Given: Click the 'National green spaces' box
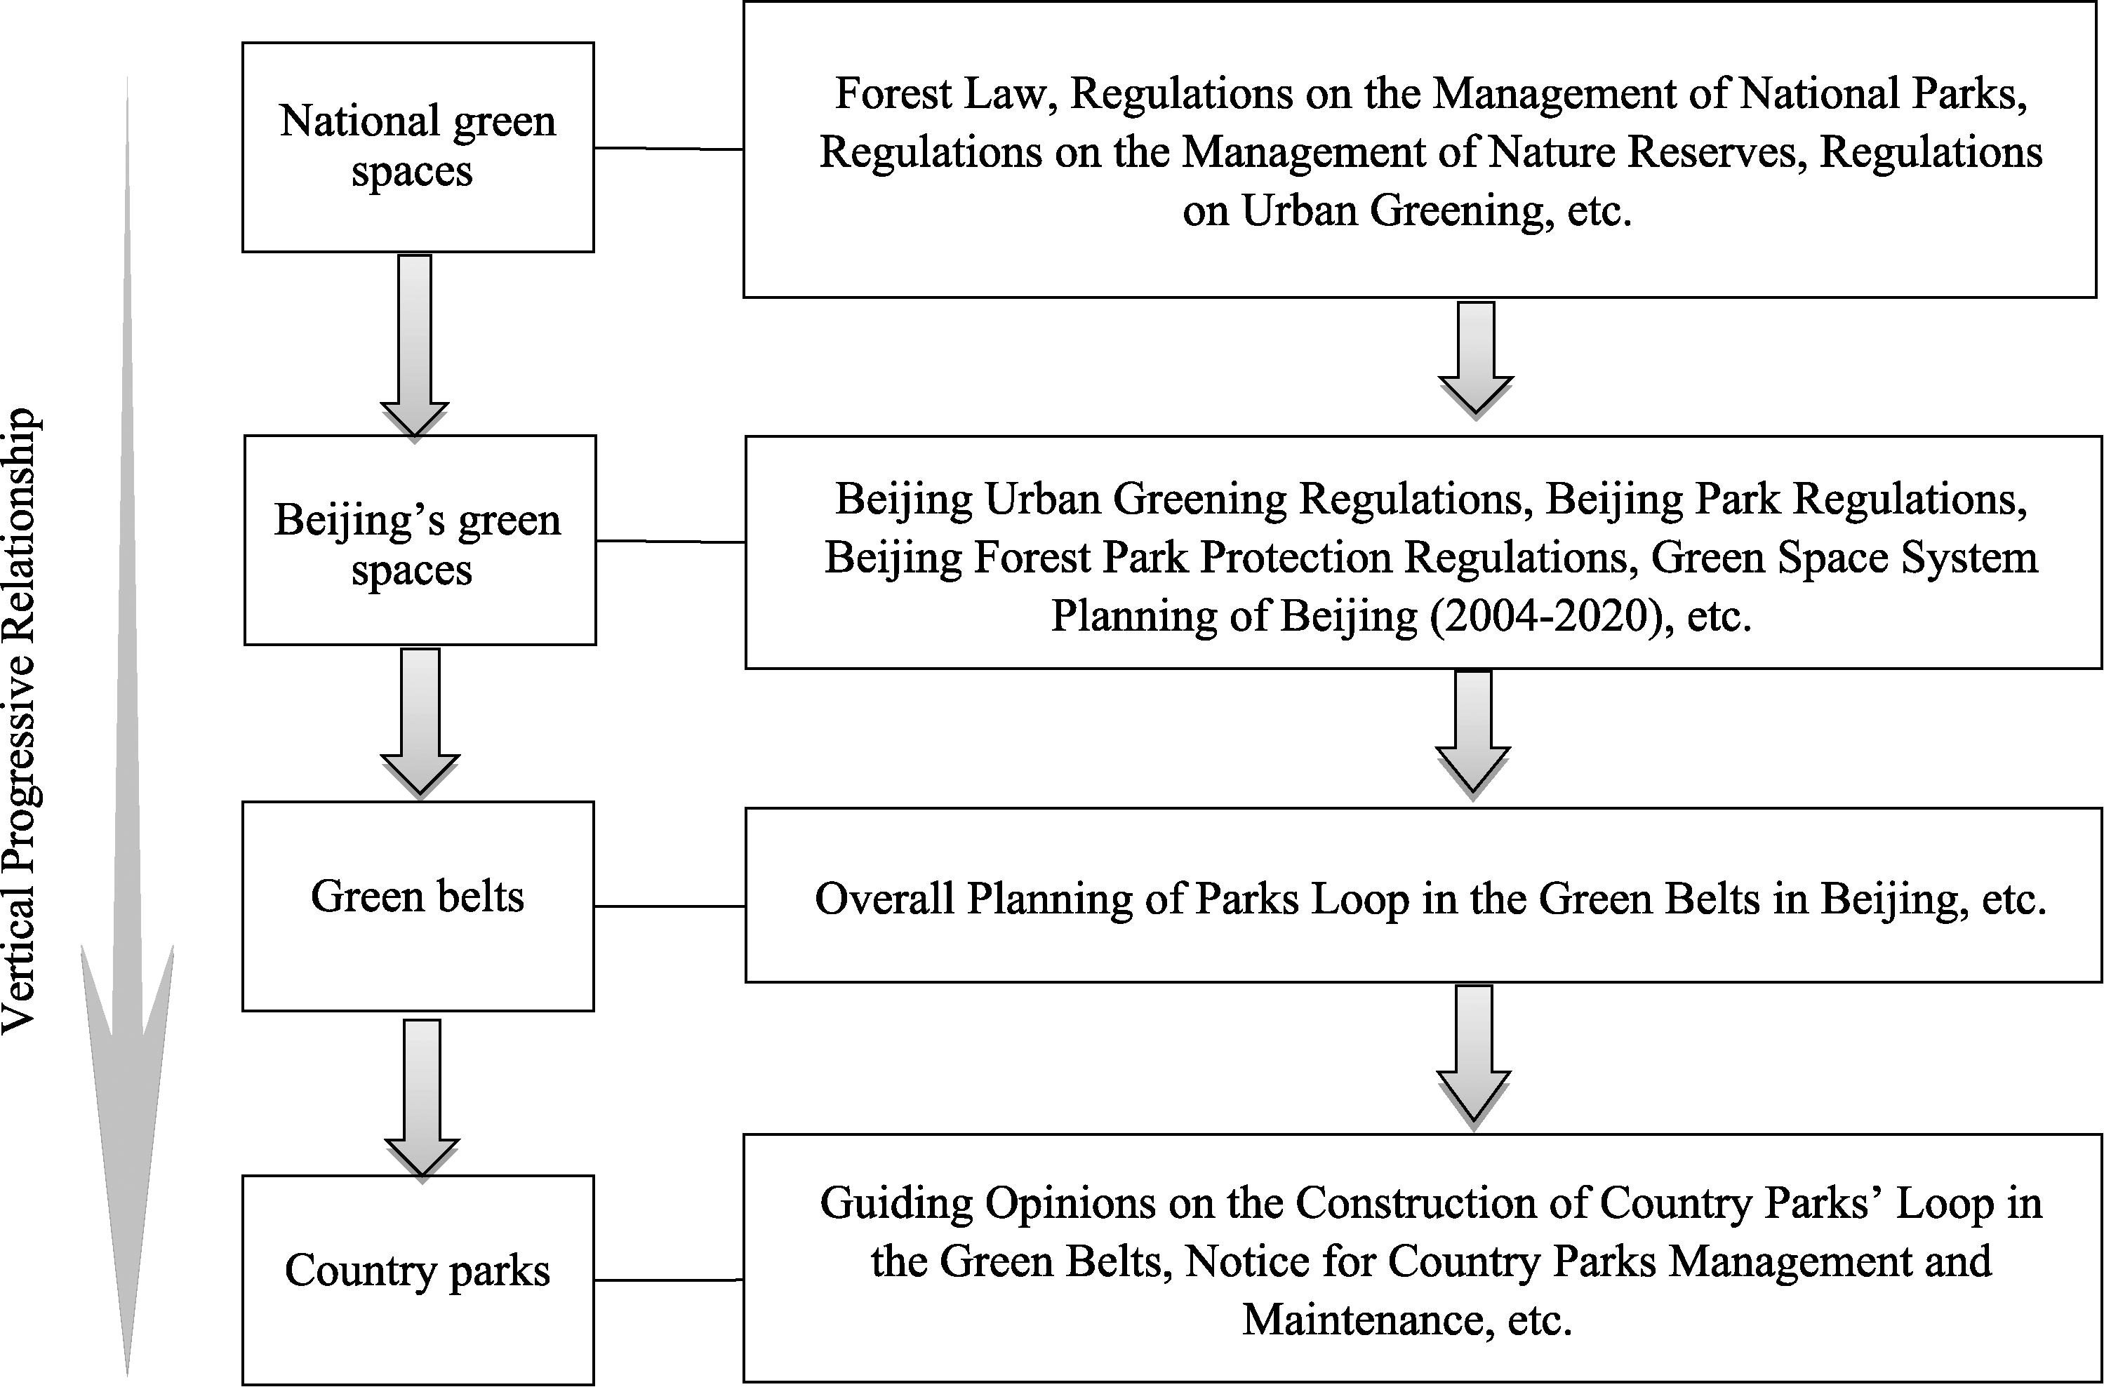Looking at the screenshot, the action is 418,147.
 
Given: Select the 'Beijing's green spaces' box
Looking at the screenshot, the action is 420,540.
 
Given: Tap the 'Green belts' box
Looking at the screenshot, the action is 418,906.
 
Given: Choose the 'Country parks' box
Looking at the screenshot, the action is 418,1280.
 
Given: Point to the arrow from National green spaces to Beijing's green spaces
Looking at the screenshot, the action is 415,346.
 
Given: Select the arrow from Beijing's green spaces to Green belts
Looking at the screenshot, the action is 420,723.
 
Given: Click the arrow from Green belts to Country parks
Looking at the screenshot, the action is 422,1099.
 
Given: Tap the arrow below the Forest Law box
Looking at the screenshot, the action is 1476,359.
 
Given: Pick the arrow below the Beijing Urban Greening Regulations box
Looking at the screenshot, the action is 1473,734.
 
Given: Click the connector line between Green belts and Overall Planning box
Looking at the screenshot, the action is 670,906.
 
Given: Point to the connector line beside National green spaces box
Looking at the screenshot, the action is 669,149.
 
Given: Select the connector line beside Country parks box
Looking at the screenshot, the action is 669,1280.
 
